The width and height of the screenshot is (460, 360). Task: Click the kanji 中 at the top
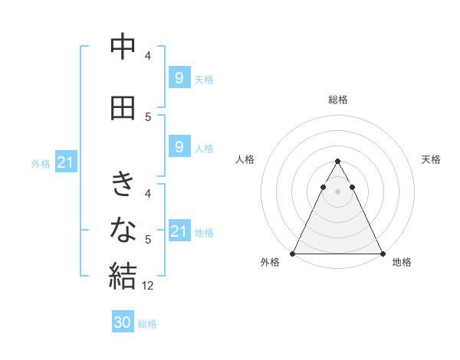click(123, 48)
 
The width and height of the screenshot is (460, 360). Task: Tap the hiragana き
click(123, 184)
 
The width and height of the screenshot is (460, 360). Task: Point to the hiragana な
click(123, 228)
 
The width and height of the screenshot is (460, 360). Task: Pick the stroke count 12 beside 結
click(149, 286)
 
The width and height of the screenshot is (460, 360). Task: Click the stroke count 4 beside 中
click(148, 56)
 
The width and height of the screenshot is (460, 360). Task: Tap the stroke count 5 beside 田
click(148, 117)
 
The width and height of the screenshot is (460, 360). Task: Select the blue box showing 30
click(123, 322)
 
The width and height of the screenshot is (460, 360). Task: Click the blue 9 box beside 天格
click(179, 77)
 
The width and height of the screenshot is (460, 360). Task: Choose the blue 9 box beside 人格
click(179, 147)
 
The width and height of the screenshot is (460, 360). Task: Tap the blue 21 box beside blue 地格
click(179, 231)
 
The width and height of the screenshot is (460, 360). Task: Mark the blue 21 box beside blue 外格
click(66, 162)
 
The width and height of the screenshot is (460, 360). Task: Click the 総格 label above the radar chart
click(338, 100)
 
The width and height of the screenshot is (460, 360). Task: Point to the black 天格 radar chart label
click(432, 159)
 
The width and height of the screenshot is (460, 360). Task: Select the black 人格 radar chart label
click(245, 159)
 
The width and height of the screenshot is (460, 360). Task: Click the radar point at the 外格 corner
click(293, 253)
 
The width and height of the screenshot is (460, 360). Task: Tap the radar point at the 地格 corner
click(382, 253)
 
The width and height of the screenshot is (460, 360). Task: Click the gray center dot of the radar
click(337, 191)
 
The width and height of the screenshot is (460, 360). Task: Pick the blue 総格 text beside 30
click(147, 324)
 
